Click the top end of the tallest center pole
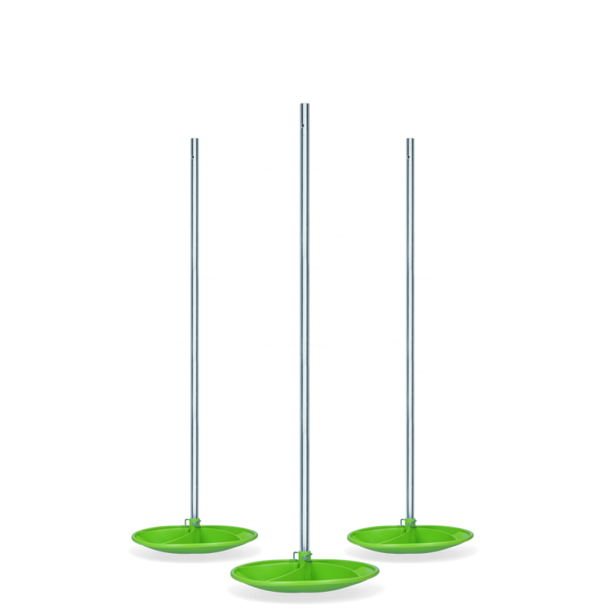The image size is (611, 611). (x=304, y=105)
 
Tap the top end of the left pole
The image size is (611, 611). (x=194, y=139)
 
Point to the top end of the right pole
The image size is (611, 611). (x=410, y=139)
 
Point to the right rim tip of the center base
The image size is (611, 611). (x=379, y=570)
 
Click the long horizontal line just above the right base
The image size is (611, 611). (x=409, y=480)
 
